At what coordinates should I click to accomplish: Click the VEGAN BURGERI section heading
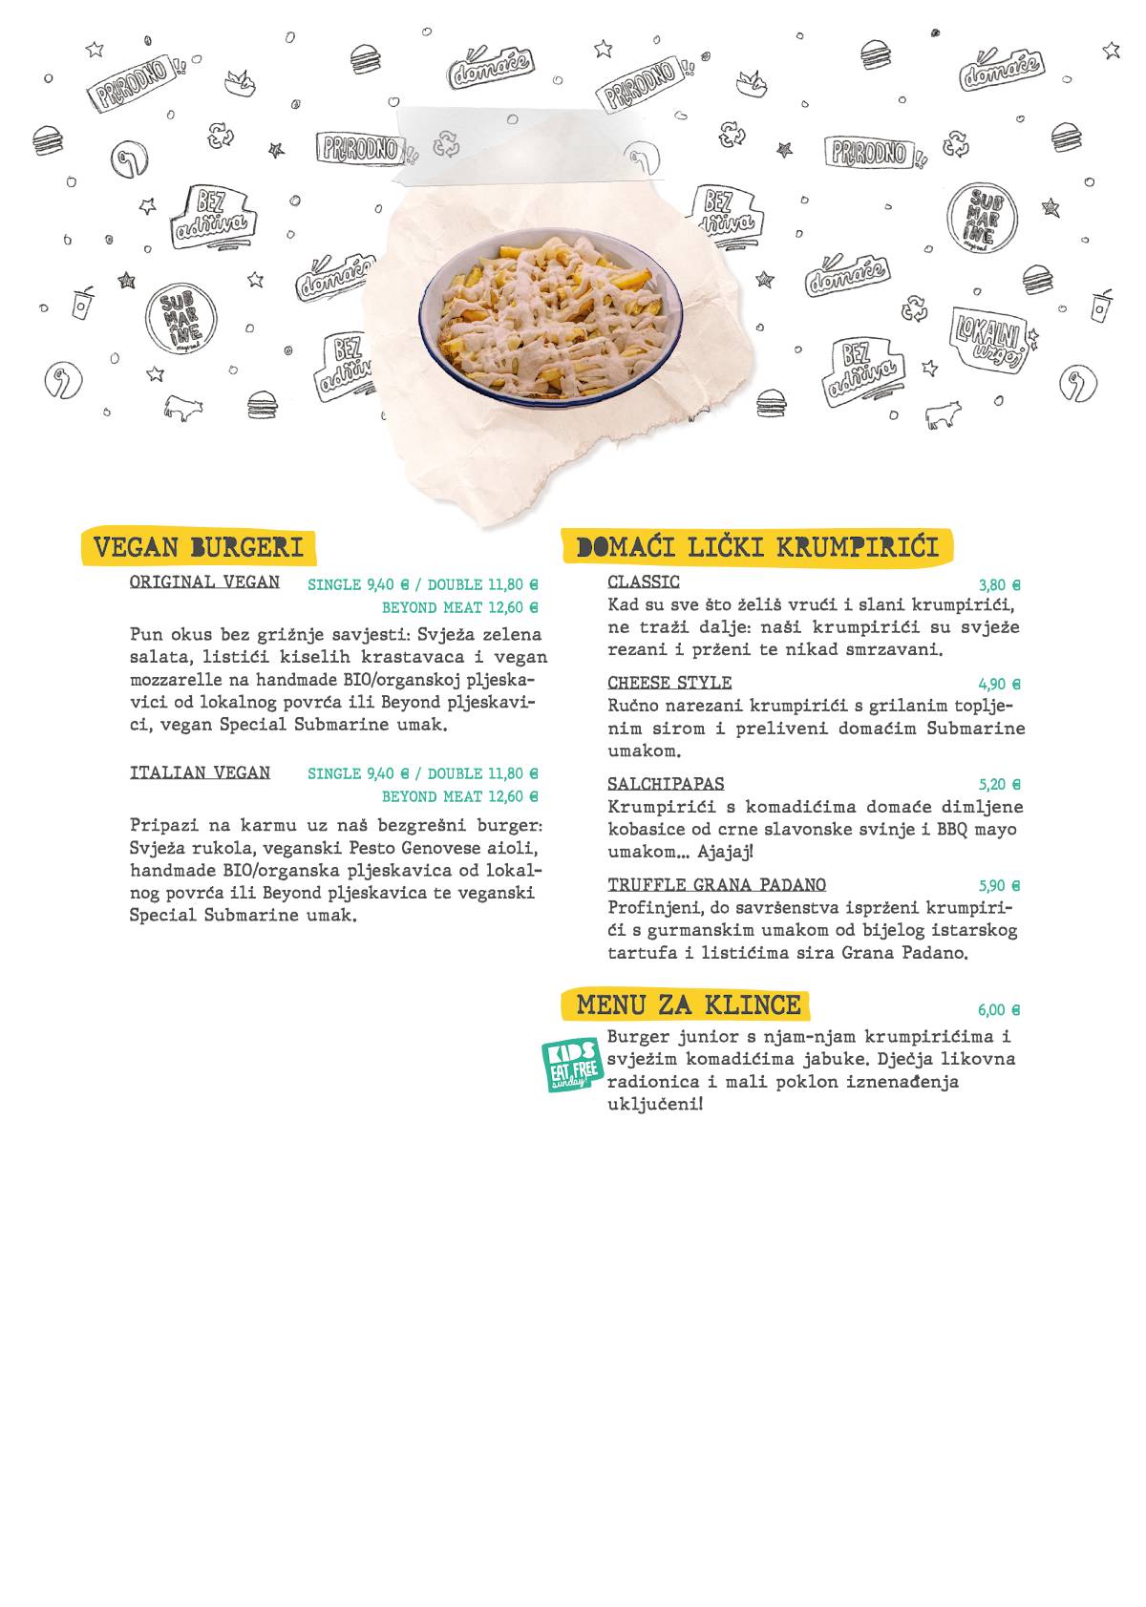tap(199, 547)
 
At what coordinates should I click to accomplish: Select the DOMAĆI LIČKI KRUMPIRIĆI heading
tap(757, 547)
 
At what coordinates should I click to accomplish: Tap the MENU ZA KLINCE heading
tap(688, 1004)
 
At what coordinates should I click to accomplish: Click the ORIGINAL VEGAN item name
tap(204, 582)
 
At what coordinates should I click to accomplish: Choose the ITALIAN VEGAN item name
tap(200, 772)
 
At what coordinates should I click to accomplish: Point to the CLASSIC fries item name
tap(644, 582)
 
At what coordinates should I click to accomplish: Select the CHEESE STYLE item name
tap(669, 683)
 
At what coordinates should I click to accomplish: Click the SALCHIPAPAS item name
tap(666, 784)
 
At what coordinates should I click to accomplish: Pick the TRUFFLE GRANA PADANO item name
tap(716, 885)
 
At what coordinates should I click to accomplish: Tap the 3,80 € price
tap(999, 585)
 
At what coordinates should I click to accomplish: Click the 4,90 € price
tap(999, 685)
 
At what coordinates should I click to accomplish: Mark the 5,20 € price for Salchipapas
tap(999, 785)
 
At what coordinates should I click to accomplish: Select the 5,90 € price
tap(999, 886)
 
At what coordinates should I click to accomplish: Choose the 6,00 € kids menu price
tap(999, 1010)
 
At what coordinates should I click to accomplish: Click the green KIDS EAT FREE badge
tap(572, 1066)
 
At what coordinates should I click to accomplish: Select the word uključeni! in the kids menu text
tap(655, 1105)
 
